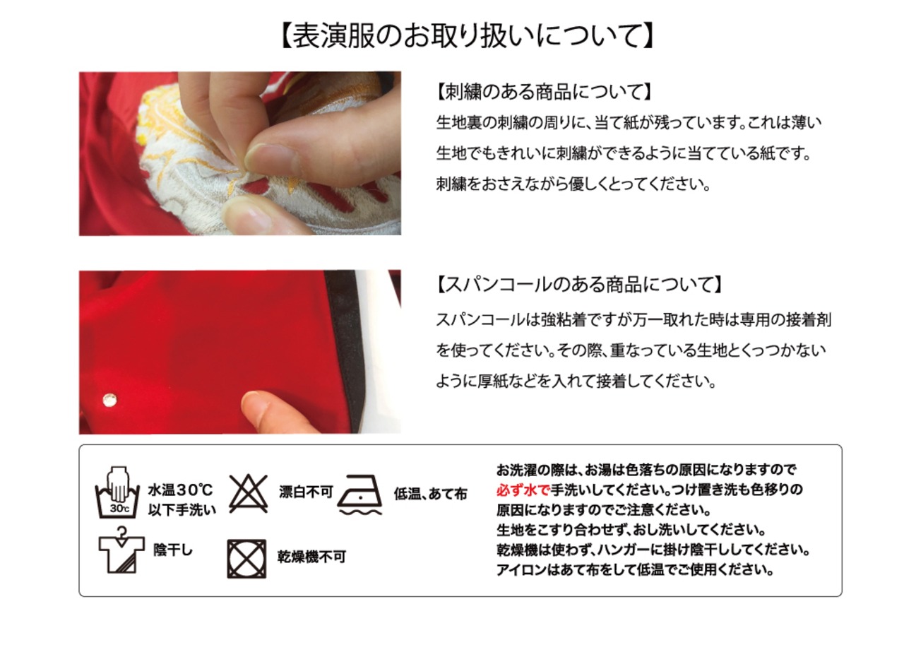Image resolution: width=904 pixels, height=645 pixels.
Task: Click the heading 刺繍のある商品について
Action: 543,92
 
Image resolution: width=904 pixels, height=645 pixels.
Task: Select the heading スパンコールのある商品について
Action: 578,284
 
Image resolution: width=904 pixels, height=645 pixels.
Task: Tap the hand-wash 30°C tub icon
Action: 117,492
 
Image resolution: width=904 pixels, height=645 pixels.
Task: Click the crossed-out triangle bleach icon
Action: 248,493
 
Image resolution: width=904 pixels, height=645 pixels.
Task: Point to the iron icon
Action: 359,495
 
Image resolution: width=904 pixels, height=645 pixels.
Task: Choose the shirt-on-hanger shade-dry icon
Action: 121,550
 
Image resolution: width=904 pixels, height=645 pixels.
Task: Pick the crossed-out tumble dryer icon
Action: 246,559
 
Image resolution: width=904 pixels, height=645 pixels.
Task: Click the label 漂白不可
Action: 306,492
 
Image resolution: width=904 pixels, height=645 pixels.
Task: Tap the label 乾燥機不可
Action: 311,557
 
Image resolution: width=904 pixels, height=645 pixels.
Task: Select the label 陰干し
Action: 173,550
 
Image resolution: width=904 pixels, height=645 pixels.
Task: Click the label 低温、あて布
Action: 431,493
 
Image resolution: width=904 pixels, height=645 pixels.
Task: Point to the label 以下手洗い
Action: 182,510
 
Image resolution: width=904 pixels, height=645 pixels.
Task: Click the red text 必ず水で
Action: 523,490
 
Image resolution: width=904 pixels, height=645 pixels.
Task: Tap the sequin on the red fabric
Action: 109,400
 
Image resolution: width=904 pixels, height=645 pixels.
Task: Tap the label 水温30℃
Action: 180,490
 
